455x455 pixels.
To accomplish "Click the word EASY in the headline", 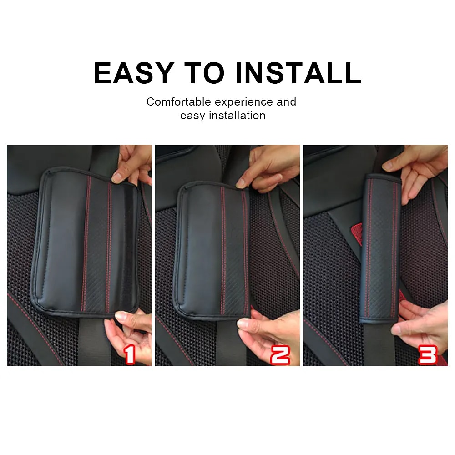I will [x=134, y=73].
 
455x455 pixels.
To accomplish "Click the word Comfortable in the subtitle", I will [x=179, y=101].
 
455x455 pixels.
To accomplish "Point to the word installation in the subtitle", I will [x=237, y=116].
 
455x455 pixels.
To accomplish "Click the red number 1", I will [x=130, y=354].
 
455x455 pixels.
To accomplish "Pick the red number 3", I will [x=427, y=354].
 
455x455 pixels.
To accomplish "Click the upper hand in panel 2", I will [x=273, y=168].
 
